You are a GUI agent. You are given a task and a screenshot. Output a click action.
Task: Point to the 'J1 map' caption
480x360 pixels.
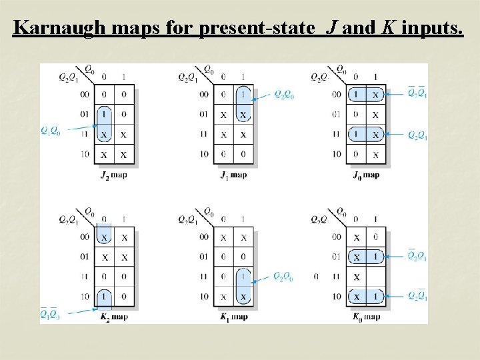click(233, 175)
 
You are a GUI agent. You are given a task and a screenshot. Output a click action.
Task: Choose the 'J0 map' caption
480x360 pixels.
click(365, 175)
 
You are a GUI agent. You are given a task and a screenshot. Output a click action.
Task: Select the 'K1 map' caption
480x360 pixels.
click(233, 317)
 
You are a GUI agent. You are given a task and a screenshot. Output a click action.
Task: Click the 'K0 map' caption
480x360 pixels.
click(365, 317)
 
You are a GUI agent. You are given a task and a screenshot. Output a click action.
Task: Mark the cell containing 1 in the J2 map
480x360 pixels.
click(103, 115)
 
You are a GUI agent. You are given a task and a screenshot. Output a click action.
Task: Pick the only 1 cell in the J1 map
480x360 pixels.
click(243, 95)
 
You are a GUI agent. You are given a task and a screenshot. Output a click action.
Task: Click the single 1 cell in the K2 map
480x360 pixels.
click(103, 296)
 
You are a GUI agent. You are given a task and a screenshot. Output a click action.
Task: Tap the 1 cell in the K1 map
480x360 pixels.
click(243, 276)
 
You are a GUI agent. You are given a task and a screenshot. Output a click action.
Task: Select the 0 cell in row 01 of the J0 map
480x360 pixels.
click(356, 115)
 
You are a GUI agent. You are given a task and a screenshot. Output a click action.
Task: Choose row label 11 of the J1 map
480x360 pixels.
click(203, 135)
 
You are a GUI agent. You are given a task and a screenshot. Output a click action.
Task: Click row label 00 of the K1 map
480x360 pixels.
click(203, 237)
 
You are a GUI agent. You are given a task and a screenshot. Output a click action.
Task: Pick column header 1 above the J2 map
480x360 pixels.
click(123, 77)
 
